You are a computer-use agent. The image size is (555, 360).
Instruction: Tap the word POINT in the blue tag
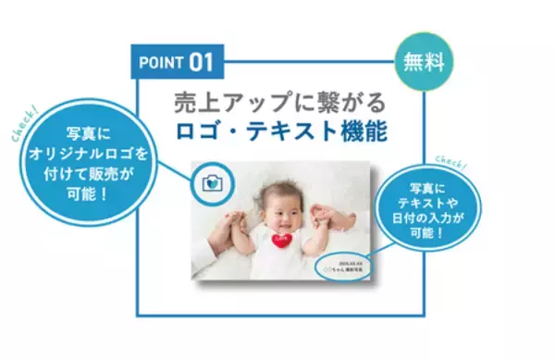point(162,63)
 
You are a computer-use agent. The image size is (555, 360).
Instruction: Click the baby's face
point(277,208)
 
